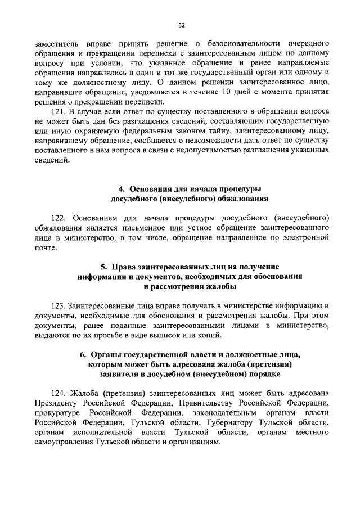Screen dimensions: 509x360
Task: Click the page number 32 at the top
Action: point(181,25)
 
